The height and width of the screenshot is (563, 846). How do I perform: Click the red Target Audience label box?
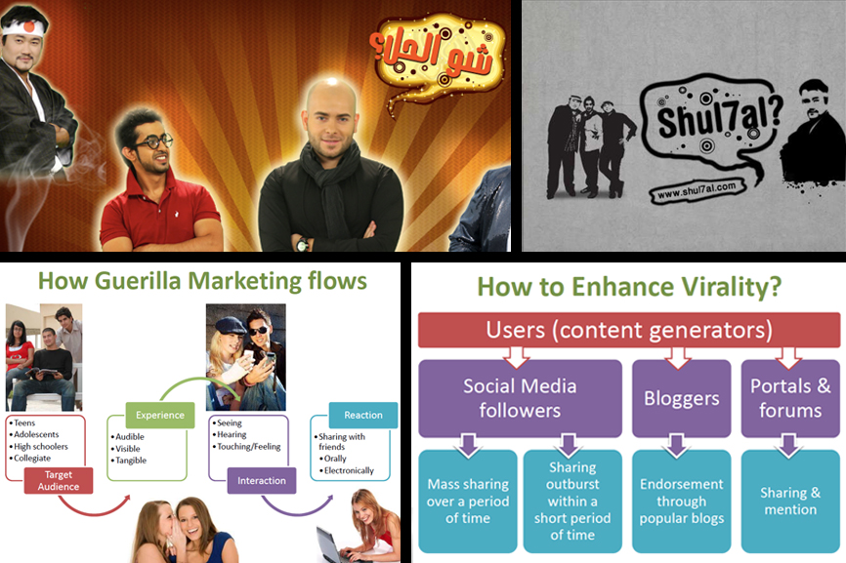coord(59,481)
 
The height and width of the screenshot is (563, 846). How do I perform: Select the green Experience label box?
coord(159,415)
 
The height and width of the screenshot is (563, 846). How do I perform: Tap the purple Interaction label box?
coord(262,481)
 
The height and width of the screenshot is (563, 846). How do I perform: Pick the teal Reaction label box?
coord(363,415)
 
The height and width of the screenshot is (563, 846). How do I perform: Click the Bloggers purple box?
coord(682,398)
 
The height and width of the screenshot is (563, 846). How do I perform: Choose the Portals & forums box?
coord(790,398)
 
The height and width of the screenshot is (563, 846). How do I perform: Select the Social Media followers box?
coord(520,398)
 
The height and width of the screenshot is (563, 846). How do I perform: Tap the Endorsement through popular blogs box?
coord(682,502)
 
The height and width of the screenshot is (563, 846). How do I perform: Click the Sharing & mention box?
coord(790,502)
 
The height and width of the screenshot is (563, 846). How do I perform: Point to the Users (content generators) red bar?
coord(629,330)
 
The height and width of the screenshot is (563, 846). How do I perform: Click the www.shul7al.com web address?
coord(697,190)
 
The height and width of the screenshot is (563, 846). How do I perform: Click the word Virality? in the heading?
coord(731,287)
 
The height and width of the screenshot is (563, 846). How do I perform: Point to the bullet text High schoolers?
coord(41,446)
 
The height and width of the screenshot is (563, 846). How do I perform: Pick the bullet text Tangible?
coord(131,461)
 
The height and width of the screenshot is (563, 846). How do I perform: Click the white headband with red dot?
coord(22,27)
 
